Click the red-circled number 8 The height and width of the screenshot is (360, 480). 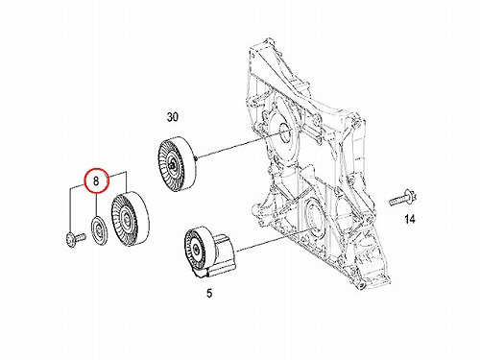96,180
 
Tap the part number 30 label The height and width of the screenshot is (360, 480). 173,117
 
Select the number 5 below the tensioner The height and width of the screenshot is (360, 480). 209,293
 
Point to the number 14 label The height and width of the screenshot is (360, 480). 410,219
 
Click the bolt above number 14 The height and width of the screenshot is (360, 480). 402,199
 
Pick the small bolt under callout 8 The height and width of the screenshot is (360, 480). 75,239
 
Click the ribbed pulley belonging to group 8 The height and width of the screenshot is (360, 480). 130,220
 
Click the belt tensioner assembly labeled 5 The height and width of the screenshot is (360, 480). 209,252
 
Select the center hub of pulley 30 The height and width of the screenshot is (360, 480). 173,165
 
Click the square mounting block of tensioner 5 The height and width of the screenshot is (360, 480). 224,253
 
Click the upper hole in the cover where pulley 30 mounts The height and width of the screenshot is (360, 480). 284,132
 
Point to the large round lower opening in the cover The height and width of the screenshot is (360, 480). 312,217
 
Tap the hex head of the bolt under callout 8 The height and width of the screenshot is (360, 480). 70,240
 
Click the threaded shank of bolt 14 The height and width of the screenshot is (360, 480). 397,201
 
